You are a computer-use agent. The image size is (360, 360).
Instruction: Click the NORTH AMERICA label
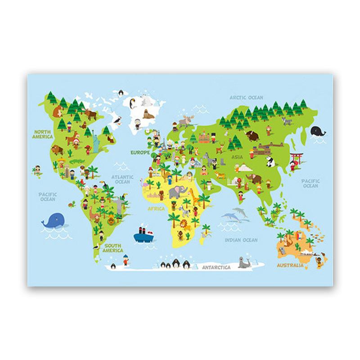tap(43, 134)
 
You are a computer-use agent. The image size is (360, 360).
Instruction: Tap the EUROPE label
tap(139, 153)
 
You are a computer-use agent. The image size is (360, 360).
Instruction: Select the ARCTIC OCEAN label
tap(246, 97)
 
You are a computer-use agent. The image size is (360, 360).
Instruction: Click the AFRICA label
tap(152, 209)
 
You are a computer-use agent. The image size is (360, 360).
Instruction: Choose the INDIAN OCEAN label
tap(241, 240)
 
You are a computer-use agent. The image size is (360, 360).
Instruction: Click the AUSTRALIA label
tap(290, 266)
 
